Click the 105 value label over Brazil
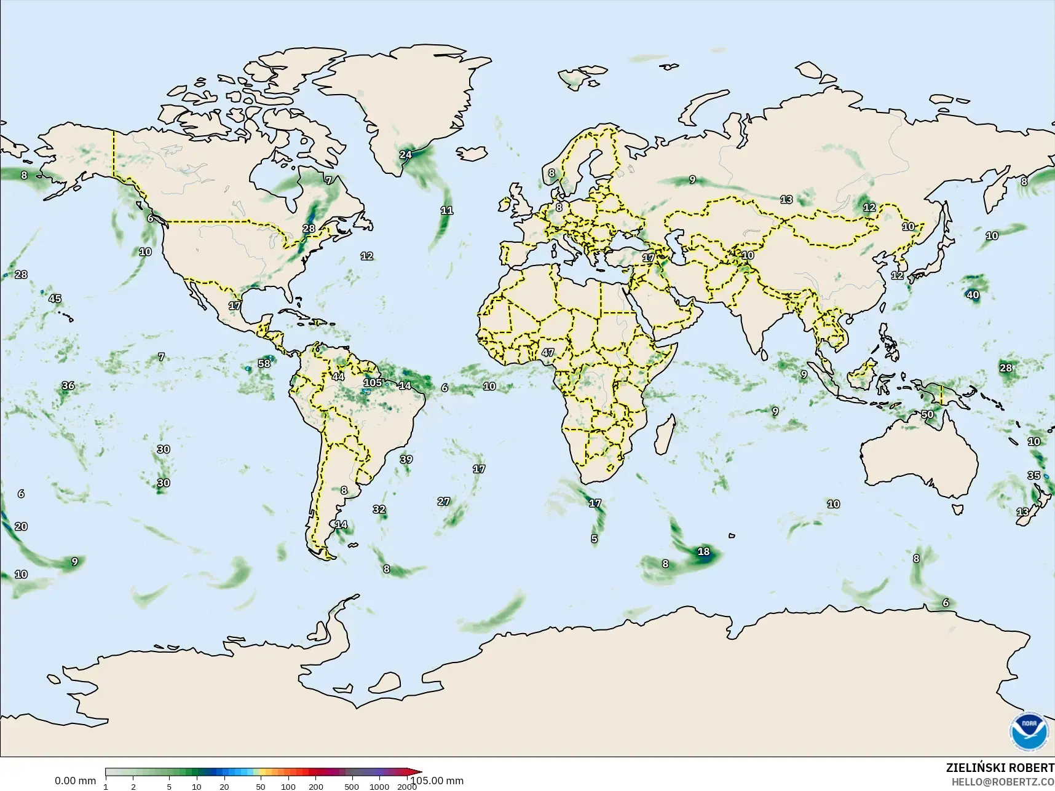373,383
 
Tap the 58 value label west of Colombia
264,363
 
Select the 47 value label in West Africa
548,353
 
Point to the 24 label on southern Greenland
406,154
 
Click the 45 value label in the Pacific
55,299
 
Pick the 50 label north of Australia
927,414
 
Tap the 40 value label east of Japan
973,295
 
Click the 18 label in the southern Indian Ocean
704,552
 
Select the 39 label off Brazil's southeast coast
406,459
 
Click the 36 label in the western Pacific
68,385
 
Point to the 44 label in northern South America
338,377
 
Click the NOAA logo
1029,732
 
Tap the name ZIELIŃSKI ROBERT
1000,768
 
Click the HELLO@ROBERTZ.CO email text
1003,782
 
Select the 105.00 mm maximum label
437,781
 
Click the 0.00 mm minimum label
75,781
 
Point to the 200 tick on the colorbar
316,786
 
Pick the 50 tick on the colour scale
261,786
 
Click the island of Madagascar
664,433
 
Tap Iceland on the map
471,152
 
